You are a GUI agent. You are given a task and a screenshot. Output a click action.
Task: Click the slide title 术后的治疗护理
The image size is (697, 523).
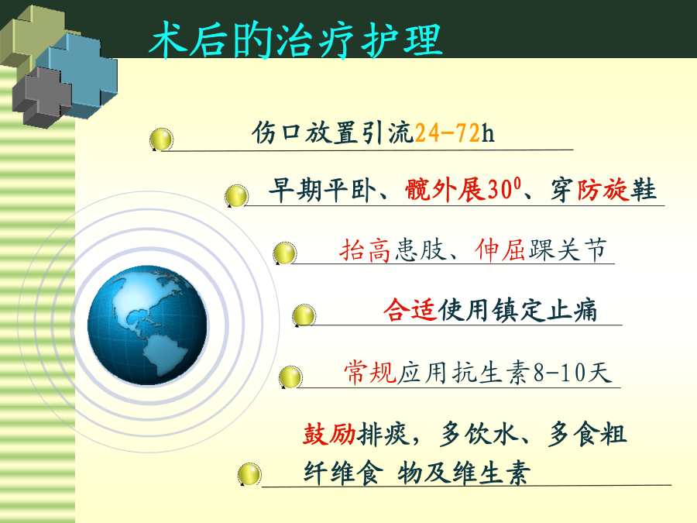[x=296, y=40]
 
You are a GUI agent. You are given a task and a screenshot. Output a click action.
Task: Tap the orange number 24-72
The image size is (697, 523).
[x=448, y=132]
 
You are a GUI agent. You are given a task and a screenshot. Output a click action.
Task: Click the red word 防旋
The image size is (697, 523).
[x=603, y=190]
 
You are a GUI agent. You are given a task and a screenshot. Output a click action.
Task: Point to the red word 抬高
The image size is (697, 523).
[x=365, y=249]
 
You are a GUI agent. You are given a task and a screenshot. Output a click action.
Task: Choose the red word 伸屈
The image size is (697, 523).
[x=500, y=249]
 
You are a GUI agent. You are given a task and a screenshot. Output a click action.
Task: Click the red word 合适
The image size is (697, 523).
[x=410, y=309]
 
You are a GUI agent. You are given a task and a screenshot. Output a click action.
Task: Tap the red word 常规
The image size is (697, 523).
[x=370, y=372]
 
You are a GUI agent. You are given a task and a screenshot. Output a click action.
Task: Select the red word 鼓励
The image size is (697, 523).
[x=329, y=434]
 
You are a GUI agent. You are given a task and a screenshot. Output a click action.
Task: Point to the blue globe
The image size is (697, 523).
[x=147, y=325]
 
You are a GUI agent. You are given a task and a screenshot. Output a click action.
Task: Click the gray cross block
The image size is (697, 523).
[x=43, y=98]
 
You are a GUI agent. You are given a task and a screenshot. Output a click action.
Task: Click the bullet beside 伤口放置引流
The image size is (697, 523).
[x=161, y=139]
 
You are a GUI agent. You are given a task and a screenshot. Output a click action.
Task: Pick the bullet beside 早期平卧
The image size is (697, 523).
[x=236, y=196]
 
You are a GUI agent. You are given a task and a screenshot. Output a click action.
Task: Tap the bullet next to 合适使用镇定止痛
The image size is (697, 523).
[x=304, y=316]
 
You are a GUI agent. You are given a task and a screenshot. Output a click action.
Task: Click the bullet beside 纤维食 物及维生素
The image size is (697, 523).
[x=249, y=473]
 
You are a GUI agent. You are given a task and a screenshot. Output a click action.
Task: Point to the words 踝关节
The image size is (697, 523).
[x=568, y=249]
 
